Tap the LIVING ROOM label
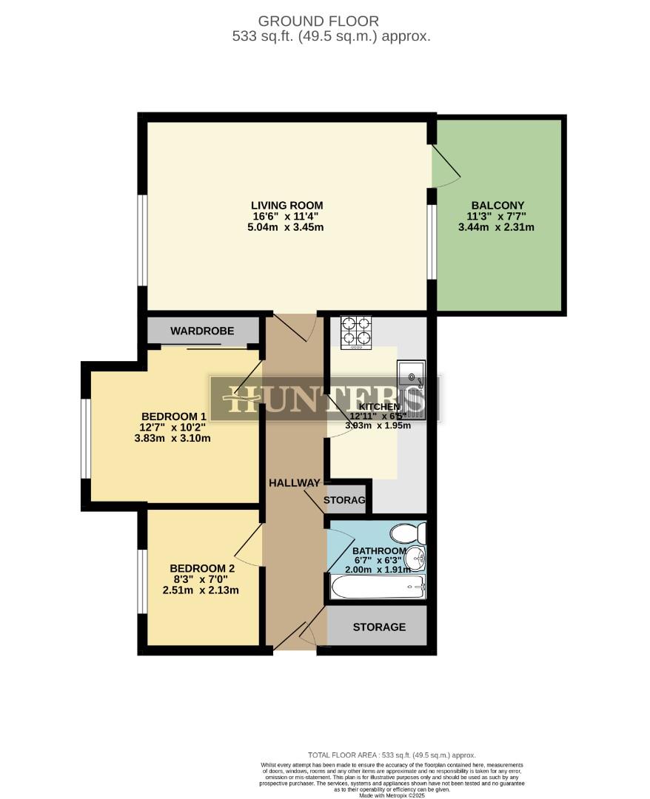point(287,205)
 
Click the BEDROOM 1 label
point(172,415)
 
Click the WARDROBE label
point(203,331)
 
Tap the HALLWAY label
point(294,482)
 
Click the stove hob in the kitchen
point(355,332)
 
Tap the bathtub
point(378,587)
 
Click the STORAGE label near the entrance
point(379,627)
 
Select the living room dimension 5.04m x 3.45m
point(287,227)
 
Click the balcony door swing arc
point(446,169)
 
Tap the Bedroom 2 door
point(249,551)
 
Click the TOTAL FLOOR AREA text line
point(392,755)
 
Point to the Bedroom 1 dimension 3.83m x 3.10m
point(172,437)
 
